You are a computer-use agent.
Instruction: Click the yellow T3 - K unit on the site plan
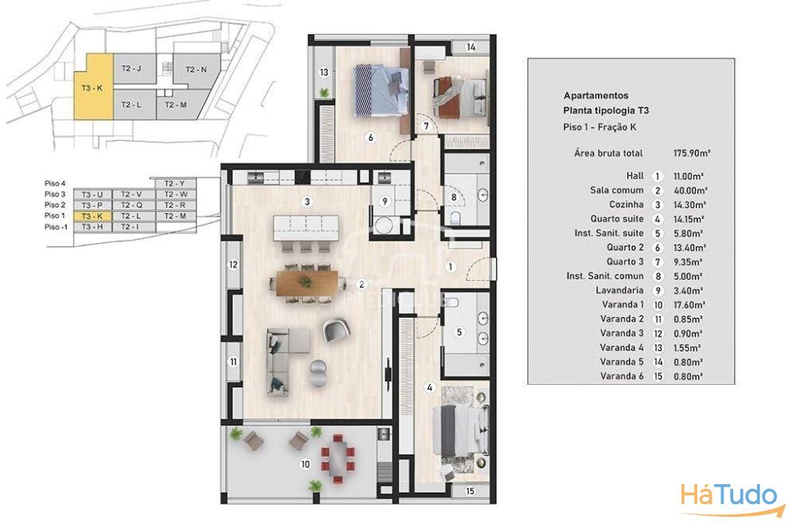(94, 89)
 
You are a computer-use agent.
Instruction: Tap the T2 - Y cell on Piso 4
(174, 183)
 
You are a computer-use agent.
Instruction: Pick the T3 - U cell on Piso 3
(92, 194)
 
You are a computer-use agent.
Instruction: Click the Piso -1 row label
(56, 227)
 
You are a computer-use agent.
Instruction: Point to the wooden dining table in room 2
(307, 283)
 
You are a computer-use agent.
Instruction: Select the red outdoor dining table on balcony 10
(337, 457)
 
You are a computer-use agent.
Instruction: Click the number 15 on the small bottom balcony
(470, 491)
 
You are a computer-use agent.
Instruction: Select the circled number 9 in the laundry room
(384, 201)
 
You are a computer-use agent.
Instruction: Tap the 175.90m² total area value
(692, 153)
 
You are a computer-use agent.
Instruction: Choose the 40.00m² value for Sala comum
(690, 190)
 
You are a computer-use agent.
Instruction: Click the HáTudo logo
(729, 498)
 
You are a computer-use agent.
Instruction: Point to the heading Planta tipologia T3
(606, 110)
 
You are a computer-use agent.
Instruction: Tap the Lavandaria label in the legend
(620, 291)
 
